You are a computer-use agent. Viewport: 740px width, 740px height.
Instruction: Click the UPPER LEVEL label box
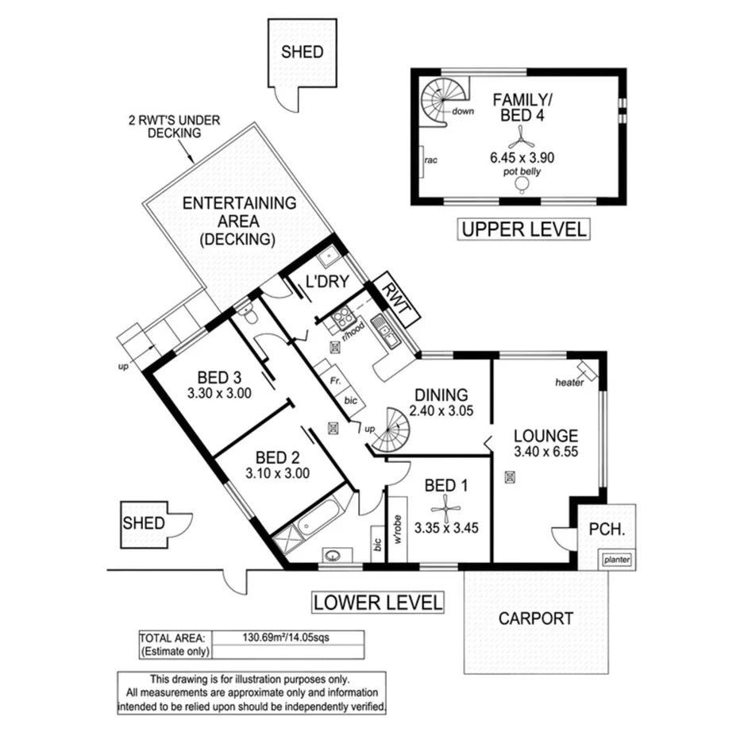(x=524, y=230)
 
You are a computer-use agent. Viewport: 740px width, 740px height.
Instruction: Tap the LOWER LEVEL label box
(x=376, y=603)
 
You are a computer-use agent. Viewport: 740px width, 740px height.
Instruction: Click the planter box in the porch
(x=617, y=560)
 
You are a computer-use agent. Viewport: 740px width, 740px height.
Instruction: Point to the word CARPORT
(x=535, y=619)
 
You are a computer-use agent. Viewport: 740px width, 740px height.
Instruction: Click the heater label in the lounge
(x=570, y=383)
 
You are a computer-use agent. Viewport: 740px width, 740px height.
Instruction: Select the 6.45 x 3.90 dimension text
(x=522, y=158)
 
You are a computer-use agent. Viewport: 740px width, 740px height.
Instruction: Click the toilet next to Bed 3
(x=249, y=317)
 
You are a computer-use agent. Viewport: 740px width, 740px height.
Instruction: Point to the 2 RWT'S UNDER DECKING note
(x=174, y=127)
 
